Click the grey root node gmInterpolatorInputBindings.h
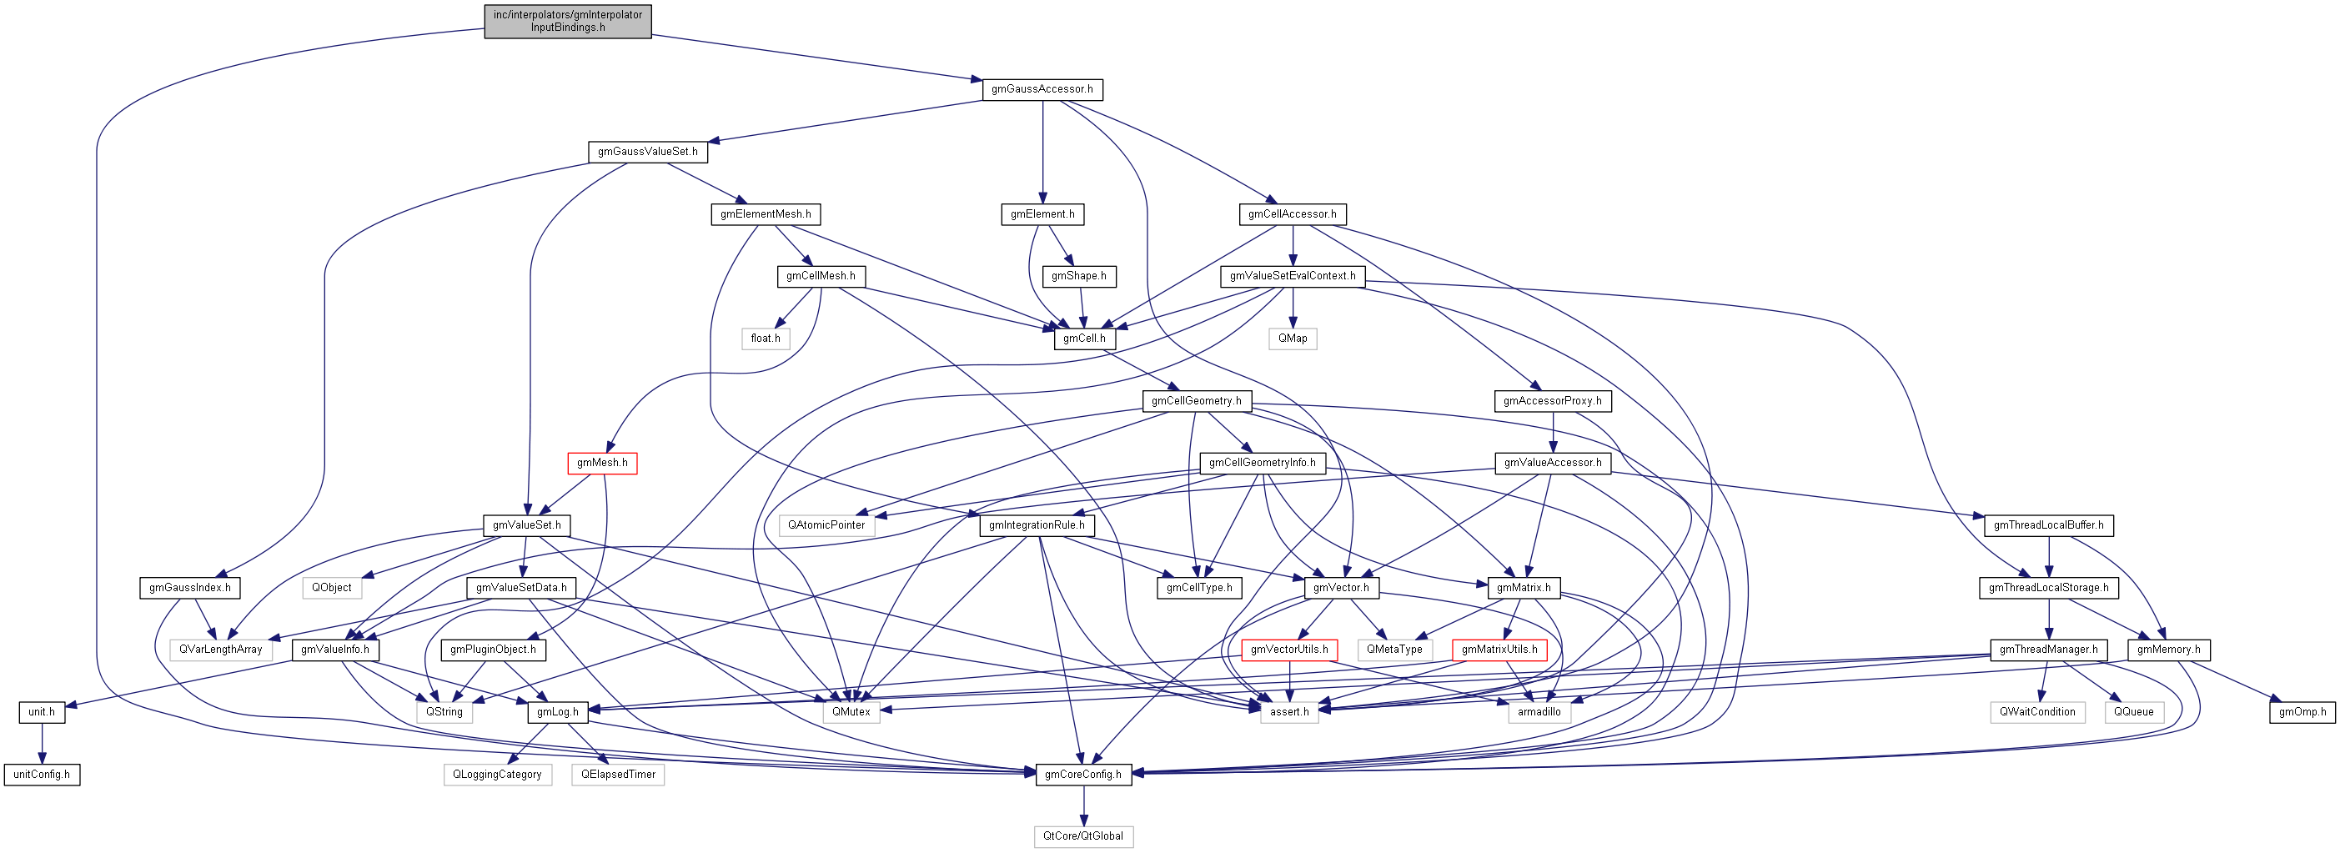(568, 21)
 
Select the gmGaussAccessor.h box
(1042, 89)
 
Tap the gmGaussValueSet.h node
(648, 152)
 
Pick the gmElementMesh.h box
(765, 214)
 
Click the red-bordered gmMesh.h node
(602, 464)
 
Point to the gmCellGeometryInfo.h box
(1262, 464)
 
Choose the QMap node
(1292, 339)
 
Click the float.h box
(765, 339)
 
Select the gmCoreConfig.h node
(1082, 775)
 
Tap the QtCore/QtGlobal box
(1082, 836)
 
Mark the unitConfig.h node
(42, 775)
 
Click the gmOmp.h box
(2302, 712)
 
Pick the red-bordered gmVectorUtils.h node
(1289, 650)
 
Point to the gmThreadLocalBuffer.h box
(2048, 525)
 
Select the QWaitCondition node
(2036, 712)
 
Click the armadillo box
(1539, 712)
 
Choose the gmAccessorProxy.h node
(1551, 400)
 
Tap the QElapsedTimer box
(618, 775)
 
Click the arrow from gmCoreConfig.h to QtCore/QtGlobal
(1082, 805)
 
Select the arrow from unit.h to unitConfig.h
(42, 743)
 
